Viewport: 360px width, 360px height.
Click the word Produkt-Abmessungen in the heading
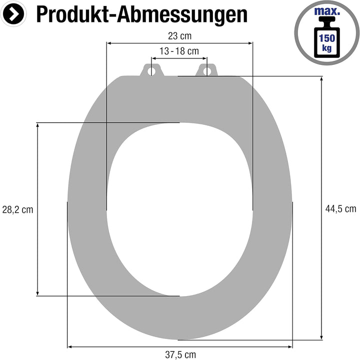click(141, 14)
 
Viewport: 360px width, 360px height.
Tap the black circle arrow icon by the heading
click(15, 14)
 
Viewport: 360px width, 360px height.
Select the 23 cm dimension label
click(179, 35)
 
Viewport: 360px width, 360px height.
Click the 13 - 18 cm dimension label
click(179, 51)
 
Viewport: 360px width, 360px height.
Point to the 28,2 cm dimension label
click(17, 210)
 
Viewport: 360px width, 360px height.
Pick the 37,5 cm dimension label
click(180, 355)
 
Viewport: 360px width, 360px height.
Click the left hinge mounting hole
click(150, 71)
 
